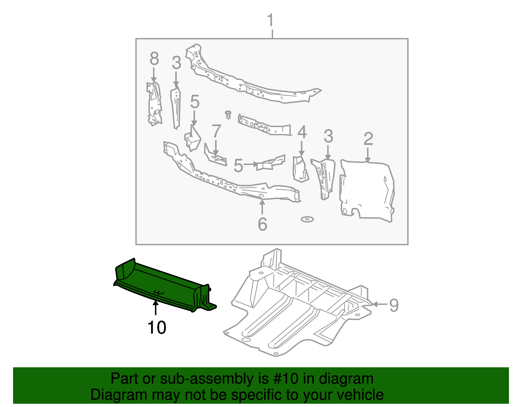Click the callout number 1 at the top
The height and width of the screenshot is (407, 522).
[x=271, y=20]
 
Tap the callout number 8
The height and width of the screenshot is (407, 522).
[x=154, y=59]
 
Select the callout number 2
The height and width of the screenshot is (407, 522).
[x=368, y=139]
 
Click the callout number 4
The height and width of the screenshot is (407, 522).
[x=302, y=132]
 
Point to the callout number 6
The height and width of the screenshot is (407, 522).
[x=262, y=224]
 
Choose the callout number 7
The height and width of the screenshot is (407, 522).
[x=216, y=132]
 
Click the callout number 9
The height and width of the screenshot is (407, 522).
[x=394, y=305]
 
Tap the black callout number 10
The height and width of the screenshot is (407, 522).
[x=157, y=327]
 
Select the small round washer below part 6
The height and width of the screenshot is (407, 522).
[x=307, y=219]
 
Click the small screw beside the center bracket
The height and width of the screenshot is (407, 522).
[x=228, y=114]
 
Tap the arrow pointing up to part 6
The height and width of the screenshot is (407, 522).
[x=262, y=207]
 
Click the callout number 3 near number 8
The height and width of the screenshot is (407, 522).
[x=176, y=63]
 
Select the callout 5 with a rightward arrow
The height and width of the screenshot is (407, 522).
[x=238, y=166]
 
